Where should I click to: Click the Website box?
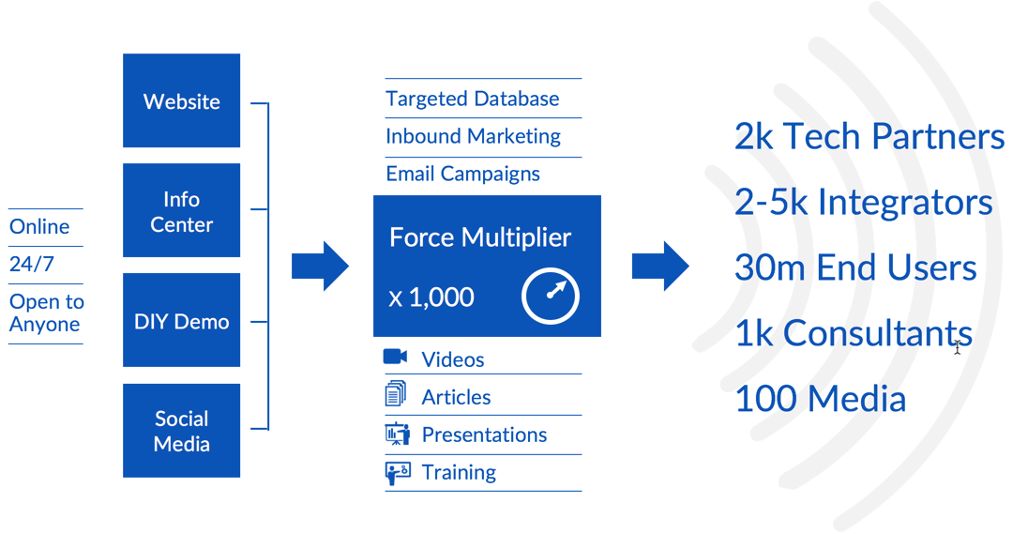point(181,100)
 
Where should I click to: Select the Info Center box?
point(181,210)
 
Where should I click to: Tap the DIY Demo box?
point(181,321)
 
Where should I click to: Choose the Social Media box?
point(181,431)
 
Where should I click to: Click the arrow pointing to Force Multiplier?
point(320,267)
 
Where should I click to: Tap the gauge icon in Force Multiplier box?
point(551,297)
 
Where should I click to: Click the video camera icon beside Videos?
point(396,358)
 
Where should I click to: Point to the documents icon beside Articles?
point(396,394)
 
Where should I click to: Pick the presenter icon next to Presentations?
point(397,434)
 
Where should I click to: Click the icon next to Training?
point(397,471)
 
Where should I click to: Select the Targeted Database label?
point(472,99)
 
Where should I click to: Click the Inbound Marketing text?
point(473,136)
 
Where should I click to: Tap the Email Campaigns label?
point(462,174)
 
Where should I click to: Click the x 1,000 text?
point(431,298)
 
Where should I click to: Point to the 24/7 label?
point(31,265)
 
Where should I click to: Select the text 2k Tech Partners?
point(869,137)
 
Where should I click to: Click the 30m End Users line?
point(855,267)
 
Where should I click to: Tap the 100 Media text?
point(820,399)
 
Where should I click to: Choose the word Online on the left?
point(39,227)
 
